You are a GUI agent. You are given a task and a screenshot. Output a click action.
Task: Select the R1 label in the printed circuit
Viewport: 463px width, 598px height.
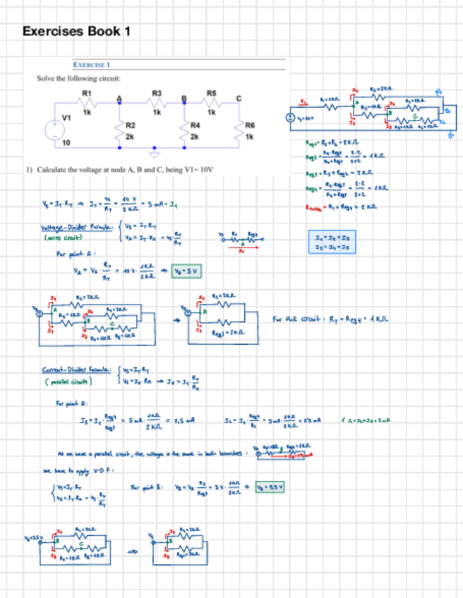click(87, 93)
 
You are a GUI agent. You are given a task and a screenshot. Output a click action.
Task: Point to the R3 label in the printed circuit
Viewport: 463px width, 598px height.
click(157, 93)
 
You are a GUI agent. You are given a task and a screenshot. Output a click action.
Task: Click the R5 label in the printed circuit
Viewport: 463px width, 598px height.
click(211, 93)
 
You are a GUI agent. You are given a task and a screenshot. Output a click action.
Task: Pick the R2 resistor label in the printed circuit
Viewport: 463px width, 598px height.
click(130, 124)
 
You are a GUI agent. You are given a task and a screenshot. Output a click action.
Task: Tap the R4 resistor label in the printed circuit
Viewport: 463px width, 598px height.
click(196, 124)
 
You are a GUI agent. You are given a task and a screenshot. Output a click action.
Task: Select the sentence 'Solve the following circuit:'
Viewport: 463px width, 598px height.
click(78, 78)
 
